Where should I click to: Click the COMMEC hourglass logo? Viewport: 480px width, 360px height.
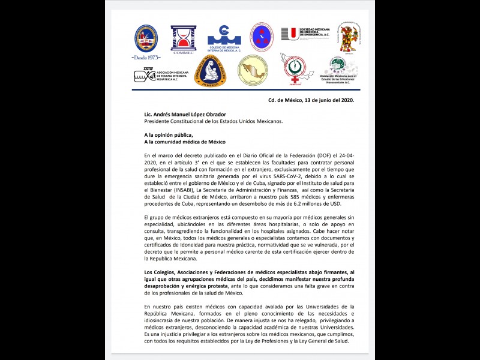[x=183, y=38]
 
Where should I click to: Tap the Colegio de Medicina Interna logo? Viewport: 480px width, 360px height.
[x=224, y=38]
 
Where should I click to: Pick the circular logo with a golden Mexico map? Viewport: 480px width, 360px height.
[x=253, y=70]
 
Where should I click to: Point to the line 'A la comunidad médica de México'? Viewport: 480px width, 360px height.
[x=185, y=142]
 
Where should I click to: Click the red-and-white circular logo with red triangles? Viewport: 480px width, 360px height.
[x=262, y=37]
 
